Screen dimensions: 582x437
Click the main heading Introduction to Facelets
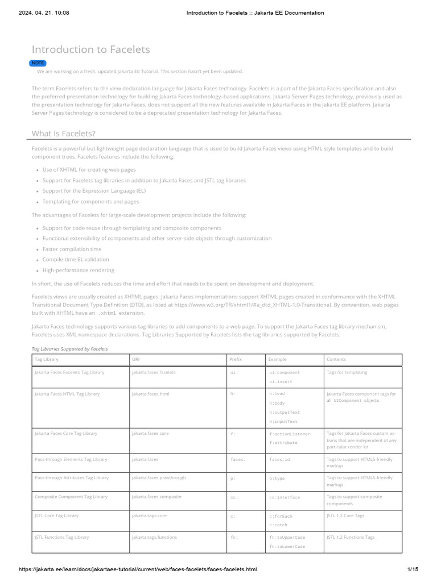click(x=90, y=49)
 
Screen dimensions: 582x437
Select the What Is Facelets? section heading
click(x=63, y=133)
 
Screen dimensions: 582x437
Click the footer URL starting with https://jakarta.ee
click(x=138, y=569)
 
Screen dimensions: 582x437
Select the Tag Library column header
click(x=47, y=360)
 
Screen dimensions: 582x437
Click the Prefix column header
click(x=236, y=360)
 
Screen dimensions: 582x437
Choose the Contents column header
click(x=336, y=360)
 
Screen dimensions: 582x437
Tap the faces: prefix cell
click(x=238, y=459)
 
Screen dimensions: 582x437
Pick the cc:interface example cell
click(x=285, y=497)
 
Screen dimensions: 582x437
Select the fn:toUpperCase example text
click(x=287, y=537)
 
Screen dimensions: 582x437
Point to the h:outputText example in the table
click(x=285, y=412)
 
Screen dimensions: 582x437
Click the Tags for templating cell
click(x=347, y=372)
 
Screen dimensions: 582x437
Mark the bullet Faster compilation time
click(x=72, y=249)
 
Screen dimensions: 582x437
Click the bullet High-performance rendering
click(x=79, y=271)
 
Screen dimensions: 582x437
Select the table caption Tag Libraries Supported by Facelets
click(x=69, y=348)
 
